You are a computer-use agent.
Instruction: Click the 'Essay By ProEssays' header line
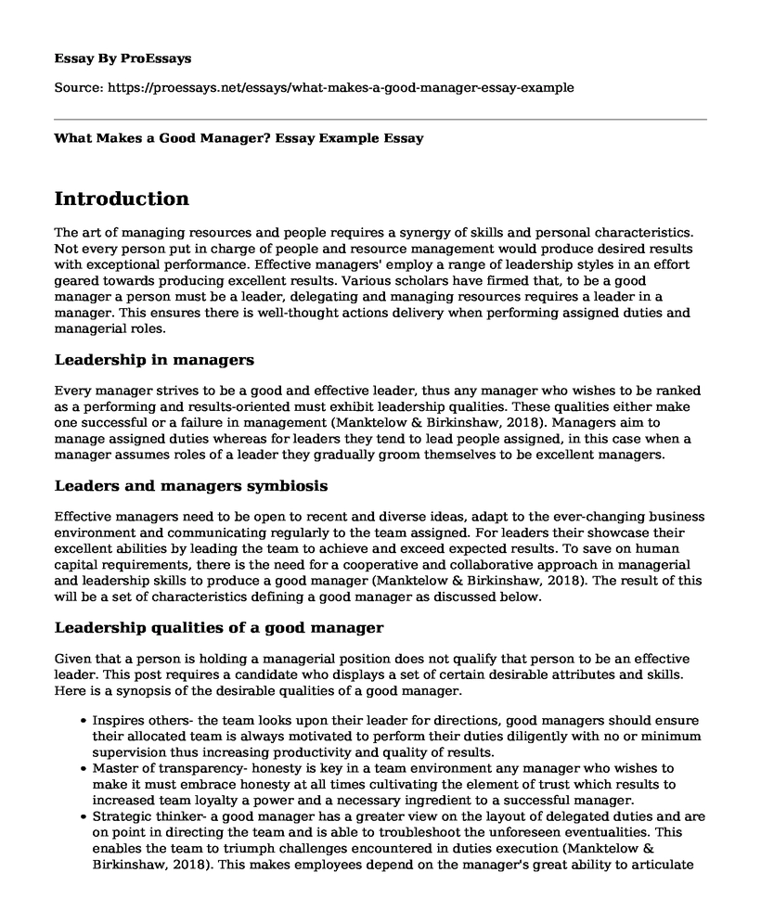point(123,58)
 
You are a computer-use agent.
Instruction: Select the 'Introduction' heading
point(123,199)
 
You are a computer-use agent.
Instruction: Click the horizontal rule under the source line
point(380,118)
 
